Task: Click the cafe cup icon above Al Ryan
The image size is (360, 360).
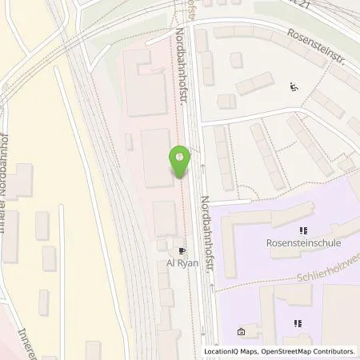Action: click(181, 249)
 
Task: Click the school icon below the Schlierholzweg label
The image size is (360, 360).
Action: click(298, 323)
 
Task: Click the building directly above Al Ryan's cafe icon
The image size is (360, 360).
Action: click(166, 218)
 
